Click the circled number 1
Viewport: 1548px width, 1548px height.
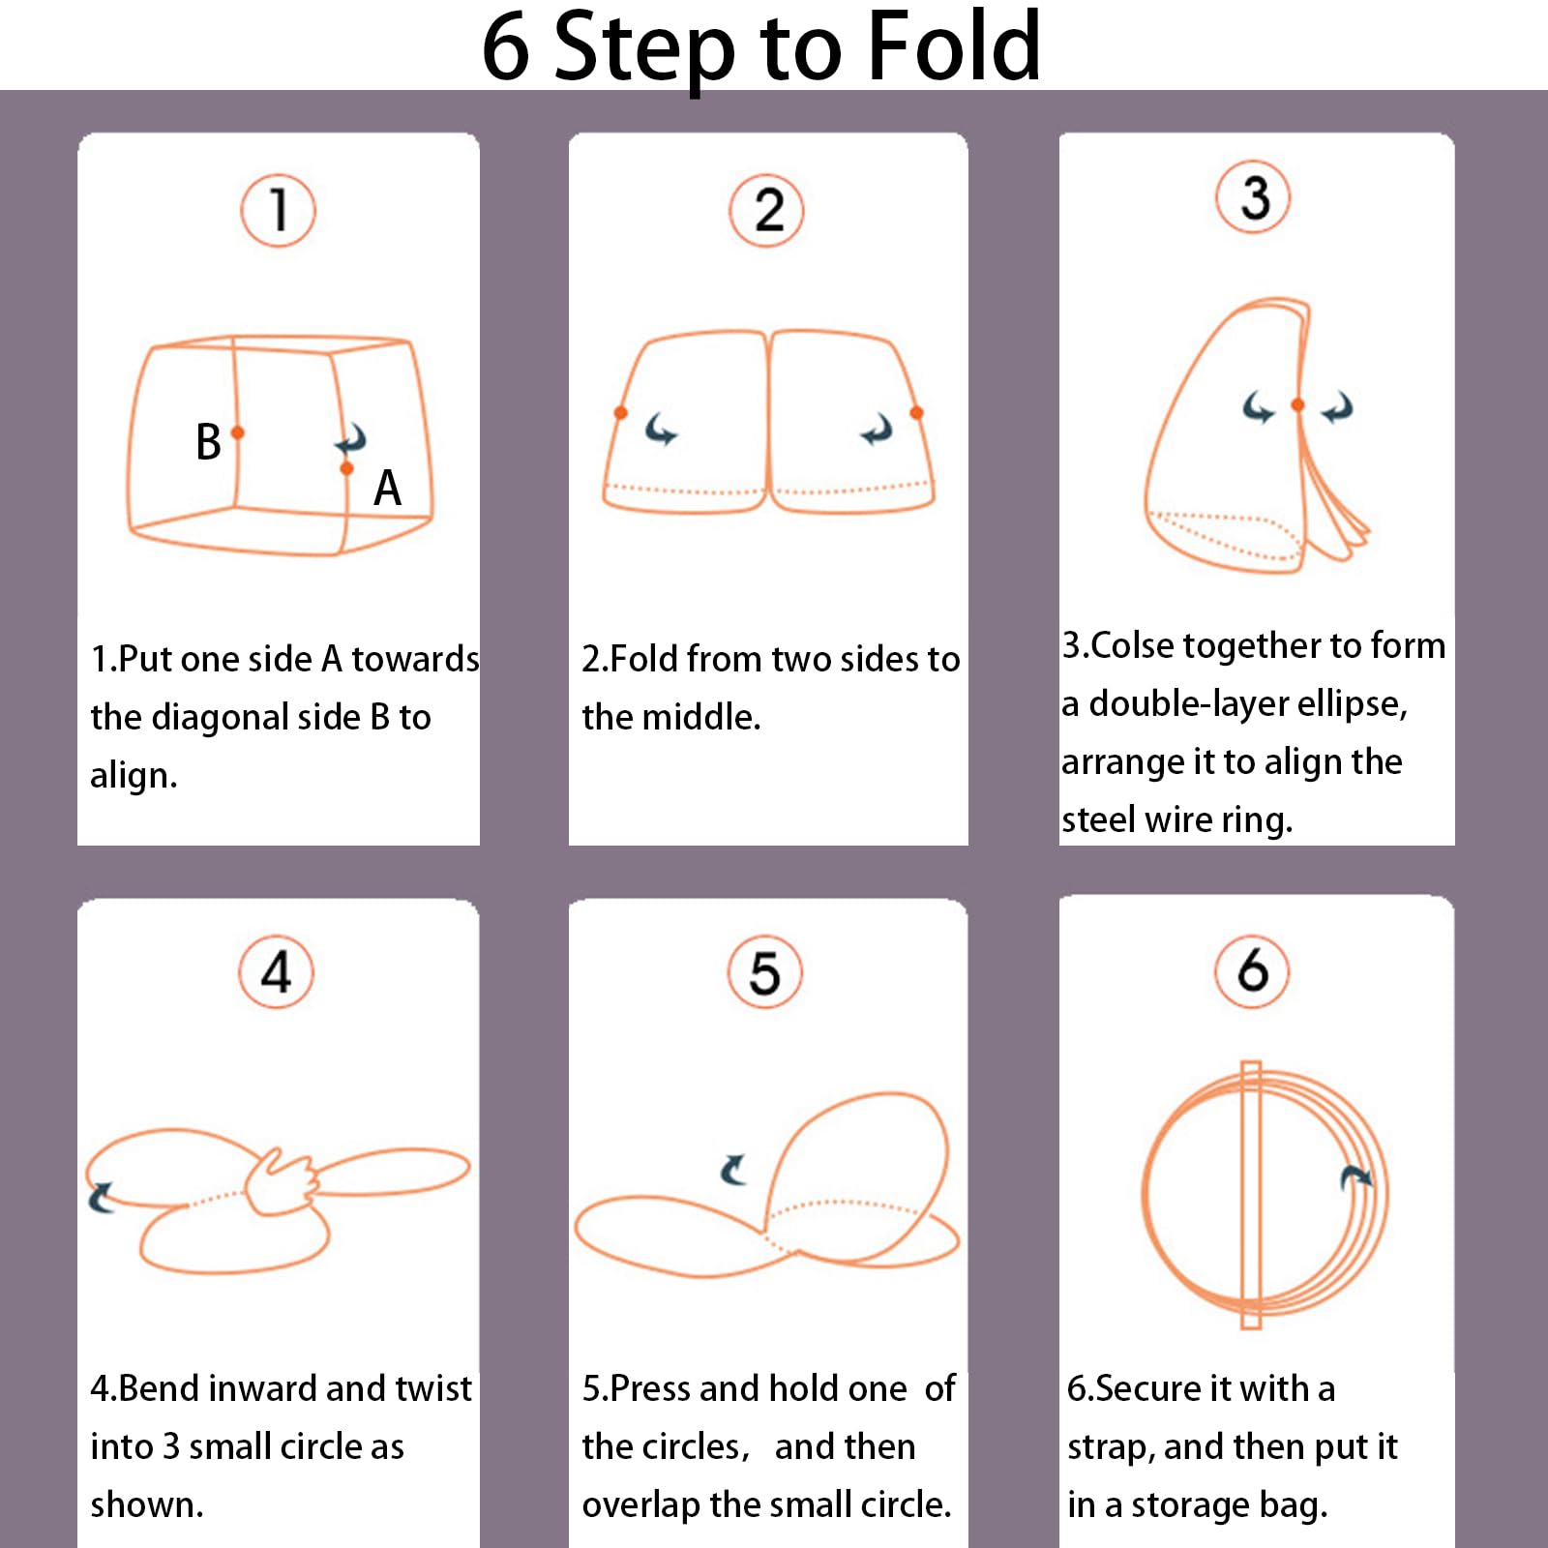(278, 211)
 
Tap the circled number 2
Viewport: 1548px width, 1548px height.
(767, 211)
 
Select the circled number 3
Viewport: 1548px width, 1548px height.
(1253, 196)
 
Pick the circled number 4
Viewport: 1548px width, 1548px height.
(277, 972)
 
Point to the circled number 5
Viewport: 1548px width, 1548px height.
(765, 972)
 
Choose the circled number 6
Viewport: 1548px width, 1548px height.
(1253, 970)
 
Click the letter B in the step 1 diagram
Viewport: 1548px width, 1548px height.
(208, 441)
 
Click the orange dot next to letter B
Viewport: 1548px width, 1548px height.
(238, 432)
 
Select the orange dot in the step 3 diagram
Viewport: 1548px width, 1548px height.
(1297, 405)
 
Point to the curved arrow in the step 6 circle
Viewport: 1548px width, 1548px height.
(1356, 1176)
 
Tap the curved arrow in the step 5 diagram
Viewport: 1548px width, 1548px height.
(733, 1169)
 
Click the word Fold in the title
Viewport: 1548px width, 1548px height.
(954, 45)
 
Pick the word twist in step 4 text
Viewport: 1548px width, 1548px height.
(433, 1388)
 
